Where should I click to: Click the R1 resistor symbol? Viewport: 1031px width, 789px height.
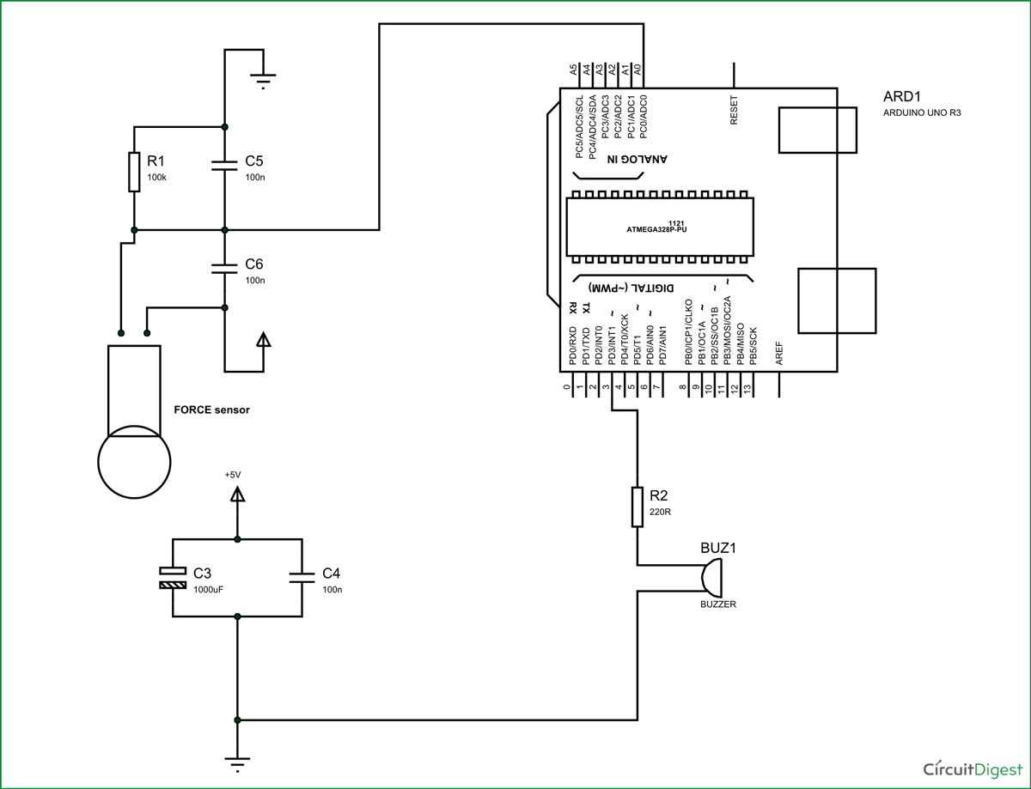click(134, 172)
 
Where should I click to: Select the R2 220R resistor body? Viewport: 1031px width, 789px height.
click(637, 507)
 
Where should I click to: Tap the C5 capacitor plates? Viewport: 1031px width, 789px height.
click(224, 165)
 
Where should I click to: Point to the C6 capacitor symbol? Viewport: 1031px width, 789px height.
click(224, 268)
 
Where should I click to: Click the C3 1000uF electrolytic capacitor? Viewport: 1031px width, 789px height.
click(173, 578)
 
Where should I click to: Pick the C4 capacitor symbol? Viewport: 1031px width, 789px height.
click(302, 578)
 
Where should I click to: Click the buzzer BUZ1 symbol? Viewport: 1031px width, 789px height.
click(711, 577)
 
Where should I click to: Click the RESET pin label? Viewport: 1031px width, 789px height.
click(734, 110)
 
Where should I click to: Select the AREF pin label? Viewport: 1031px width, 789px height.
click(779, 351)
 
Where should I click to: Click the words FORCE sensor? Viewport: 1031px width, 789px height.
click(212, 410)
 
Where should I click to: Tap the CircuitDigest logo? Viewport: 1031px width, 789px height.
click(968, 769)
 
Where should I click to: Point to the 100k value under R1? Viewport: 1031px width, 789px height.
click(156, 177)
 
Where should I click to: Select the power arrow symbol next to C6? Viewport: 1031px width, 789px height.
click(263, 340)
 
